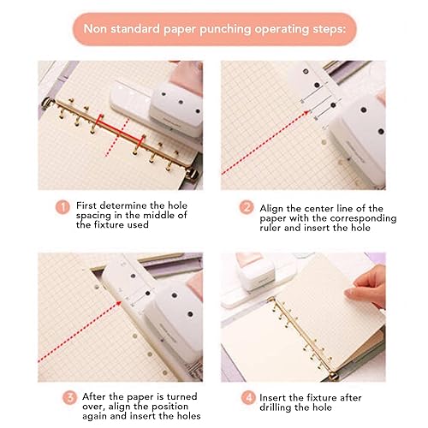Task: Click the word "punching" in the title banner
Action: coord(224,30)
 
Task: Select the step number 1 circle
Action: coord(62,207)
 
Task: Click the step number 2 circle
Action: coord(247,207)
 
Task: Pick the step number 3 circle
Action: coord(69,397)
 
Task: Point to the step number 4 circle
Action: coord(248,397)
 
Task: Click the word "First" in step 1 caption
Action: coord(86,205)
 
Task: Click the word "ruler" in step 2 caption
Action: coord(270,228)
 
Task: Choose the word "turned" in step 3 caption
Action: coord(181,396)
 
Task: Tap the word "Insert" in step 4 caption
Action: coord(272,397)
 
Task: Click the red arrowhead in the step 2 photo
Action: coord(306,113)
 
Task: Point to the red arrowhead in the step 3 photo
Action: coord(118,304)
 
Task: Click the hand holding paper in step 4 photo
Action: coord(366,287)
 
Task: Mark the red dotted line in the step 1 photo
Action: coord(117,138)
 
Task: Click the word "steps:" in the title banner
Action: coord(329,30)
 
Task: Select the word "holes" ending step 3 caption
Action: coord(187,416)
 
